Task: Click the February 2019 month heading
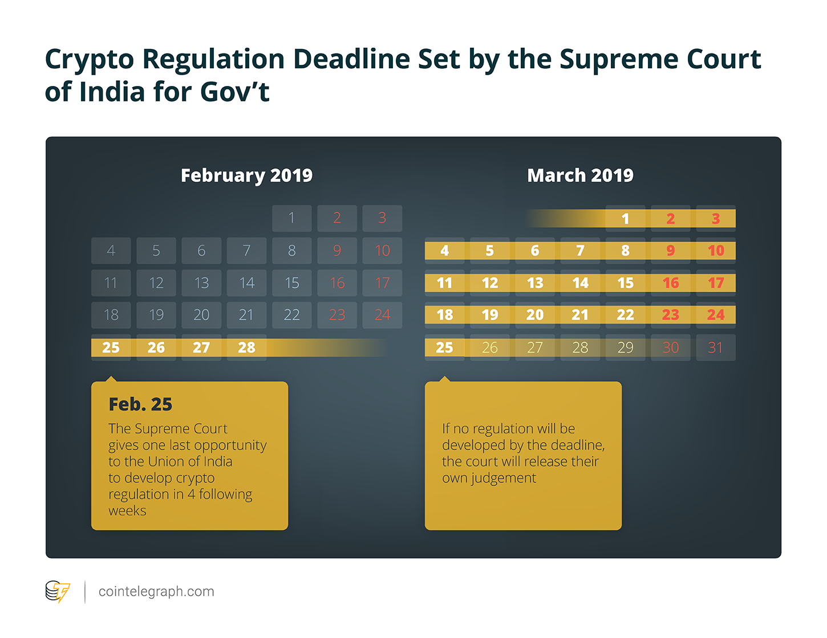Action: (246, 175)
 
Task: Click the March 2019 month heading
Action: (580, 175)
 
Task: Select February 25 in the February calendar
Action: (111, 347)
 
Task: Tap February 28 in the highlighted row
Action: (246, 347)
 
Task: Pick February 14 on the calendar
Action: (246, 283)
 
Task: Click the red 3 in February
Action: (382, 218)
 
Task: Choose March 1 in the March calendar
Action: (625, 219)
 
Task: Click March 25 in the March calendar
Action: (444, 347)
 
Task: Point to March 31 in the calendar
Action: (715, 347)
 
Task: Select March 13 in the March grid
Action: (535, 283)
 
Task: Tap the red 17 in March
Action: (715, 283)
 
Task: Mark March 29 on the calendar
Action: (625, 347)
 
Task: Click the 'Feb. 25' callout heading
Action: (140, 404)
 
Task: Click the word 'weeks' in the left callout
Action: (127, 511)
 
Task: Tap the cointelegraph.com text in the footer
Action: (156, 592)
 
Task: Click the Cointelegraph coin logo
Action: (57, 592)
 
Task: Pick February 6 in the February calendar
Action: (201, 251)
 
